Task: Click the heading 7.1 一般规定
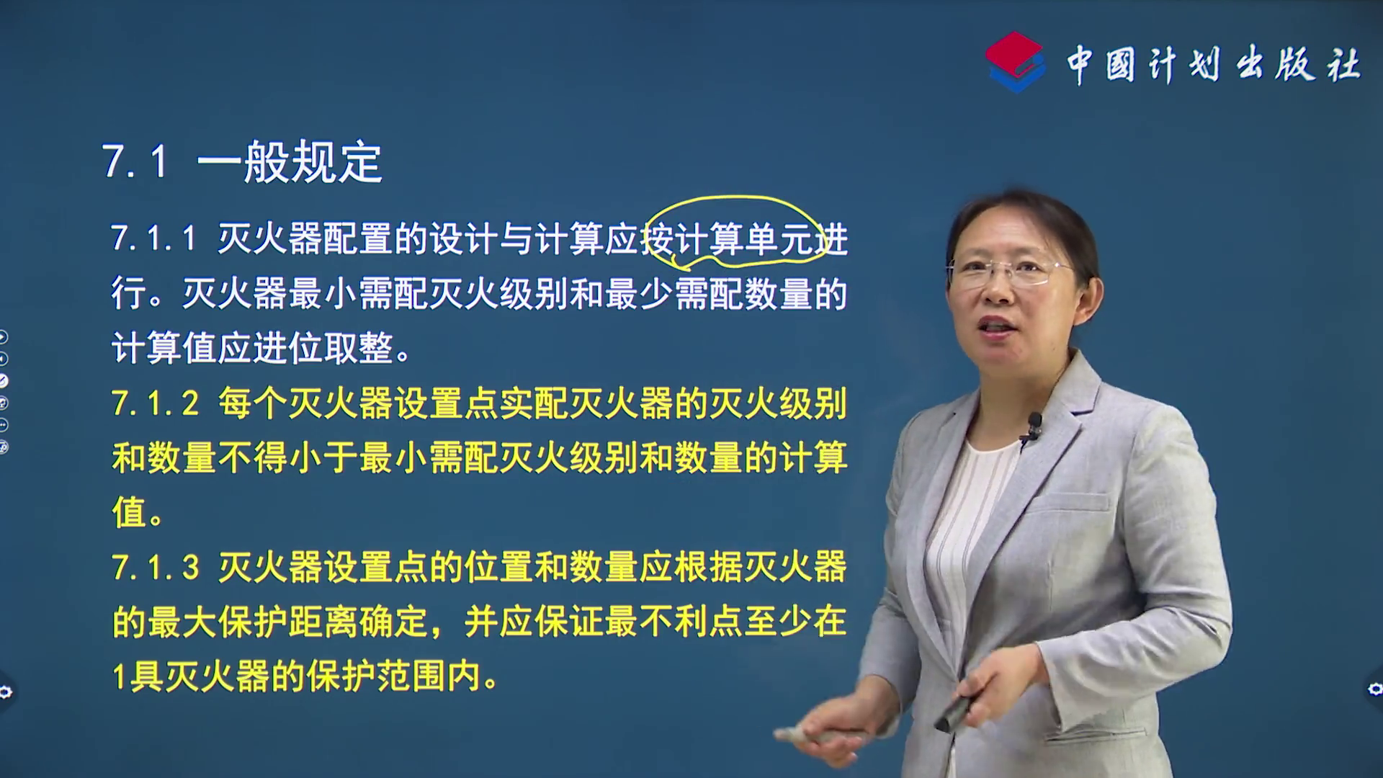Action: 242,161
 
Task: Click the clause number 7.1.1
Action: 153,238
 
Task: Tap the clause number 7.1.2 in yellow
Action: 155,404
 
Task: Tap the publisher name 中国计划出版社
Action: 1213,65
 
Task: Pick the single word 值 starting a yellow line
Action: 130,512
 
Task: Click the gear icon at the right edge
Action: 1375,689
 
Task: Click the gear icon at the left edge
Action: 6,692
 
